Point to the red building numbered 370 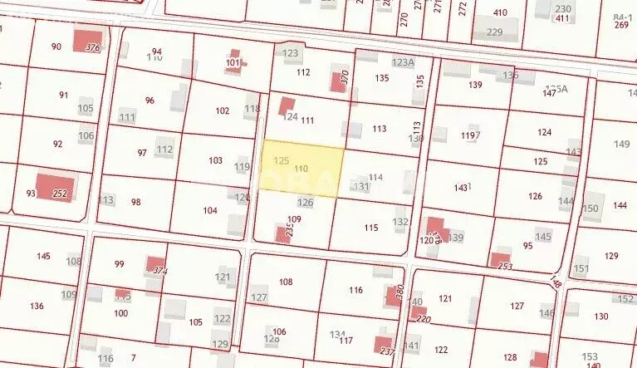point(339,81)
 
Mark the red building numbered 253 point(500,260)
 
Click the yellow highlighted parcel point(303,170)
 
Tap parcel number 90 point(56,47)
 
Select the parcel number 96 point(149,101)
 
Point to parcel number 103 point(216,160)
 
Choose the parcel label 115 point(370,228)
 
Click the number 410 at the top point(500,12)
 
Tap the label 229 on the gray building point(495,32)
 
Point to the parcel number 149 point(622,145)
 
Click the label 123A point(403,62)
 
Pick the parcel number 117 point(346,341)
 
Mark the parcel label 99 point(120,264)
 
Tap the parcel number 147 point(549,93)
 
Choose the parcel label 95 point(528,245)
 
